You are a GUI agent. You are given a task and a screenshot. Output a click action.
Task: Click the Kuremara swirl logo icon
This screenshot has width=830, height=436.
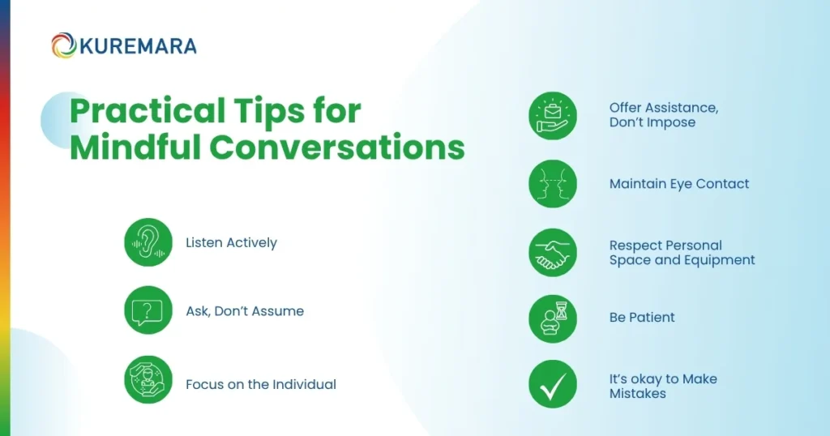point(63,45)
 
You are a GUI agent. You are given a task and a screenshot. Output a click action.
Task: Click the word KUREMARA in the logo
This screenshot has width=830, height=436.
point(137,46)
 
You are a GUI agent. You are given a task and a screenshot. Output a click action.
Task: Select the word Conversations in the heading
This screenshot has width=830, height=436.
point(337,149)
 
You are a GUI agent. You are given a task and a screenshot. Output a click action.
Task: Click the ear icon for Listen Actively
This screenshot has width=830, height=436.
point(148,242)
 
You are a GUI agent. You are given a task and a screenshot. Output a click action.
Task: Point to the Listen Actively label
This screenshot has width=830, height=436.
point(231,242)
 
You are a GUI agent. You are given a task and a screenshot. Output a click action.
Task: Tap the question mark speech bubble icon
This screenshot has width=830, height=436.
point(148,310)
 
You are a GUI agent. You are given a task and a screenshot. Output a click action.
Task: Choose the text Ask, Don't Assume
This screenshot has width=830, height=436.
point(245,311)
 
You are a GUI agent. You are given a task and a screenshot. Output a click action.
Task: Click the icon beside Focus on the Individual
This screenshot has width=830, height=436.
point(148,379)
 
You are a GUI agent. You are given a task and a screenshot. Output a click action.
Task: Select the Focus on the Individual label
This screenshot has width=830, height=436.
point(260,384)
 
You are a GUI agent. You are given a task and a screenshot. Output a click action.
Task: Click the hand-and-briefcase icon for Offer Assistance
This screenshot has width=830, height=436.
point(553,115)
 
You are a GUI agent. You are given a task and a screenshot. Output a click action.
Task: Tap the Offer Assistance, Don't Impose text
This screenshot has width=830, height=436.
point(664,115)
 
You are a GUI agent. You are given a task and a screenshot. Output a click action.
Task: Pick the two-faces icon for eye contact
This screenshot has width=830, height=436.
point(553,184)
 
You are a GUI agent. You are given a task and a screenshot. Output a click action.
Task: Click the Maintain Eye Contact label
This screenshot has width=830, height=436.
point(679,184)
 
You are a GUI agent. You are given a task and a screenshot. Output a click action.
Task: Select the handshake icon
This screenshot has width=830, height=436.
point(553,253)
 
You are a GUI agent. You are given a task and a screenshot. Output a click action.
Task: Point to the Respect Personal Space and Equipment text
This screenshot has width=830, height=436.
point(682,253)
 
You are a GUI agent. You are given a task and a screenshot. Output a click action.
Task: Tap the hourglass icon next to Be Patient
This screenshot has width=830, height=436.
point(553,318)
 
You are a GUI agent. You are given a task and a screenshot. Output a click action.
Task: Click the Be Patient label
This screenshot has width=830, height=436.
point(642,317)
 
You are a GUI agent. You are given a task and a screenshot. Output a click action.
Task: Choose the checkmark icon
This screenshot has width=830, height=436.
point(553,383)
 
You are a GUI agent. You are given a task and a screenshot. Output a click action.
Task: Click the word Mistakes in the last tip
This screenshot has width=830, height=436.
point(638,394)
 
